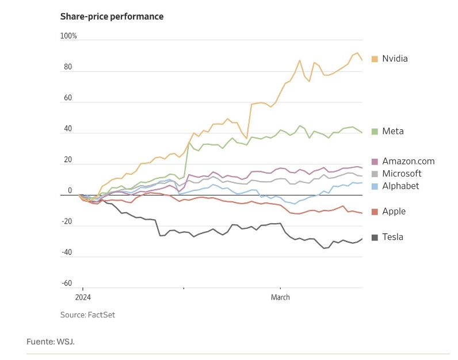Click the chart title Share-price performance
pos(112,16)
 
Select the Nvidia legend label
pos(395,59)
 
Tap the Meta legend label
pos(393,131)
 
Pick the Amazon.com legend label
pos(409,162)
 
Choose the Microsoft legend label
pos(402,174)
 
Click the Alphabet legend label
pos(400,186)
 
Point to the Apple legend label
pos(394,211)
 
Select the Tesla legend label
pos(392,237)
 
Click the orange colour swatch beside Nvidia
pos(375,59)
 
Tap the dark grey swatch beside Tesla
pos(375,237)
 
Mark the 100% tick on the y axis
pos(68,36)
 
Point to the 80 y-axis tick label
pos(68,67)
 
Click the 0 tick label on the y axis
pos(70,191)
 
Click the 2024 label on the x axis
pos(83,297)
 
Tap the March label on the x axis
pos(280,297)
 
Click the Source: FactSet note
pos(83,315)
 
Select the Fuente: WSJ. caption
pos(51,342)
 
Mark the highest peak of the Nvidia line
pos(357,53)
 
